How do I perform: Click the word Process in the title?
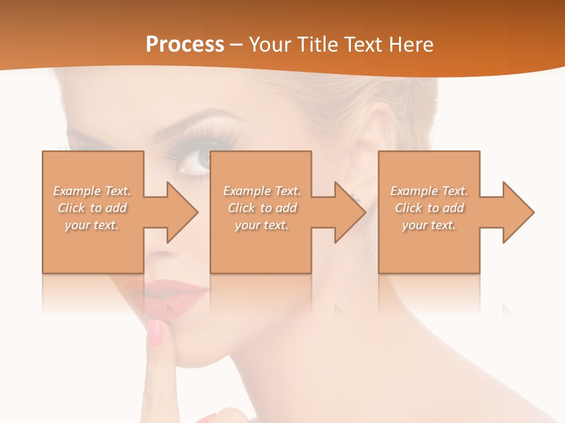click(x=185, y=45)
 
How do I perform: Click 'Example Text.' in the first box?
click(x=92, y=191)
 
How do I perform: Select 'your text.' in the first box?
click(x=92, y=225)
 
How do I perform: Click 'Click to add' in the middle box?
click(x=262, y=208)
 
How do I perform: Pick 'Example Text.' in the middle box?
click(x=262, y=191)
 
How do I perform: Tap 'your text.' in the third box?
click(x=429, y=225)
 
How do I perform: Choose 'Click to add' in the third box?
click(x=429, y=208)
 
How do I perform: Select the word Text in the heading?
click(x=364, y=45)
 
